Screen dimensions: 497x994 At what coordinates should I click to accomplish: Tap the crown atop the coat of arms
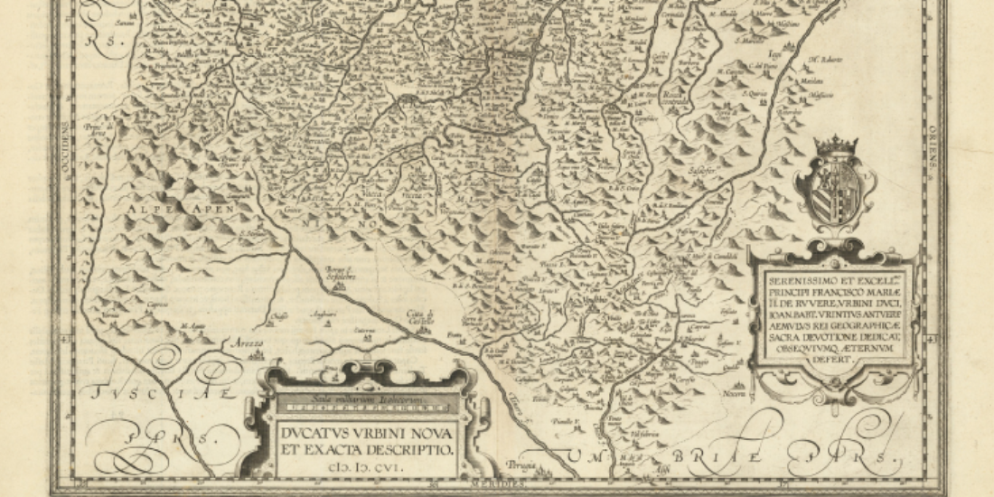(836, 145)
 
